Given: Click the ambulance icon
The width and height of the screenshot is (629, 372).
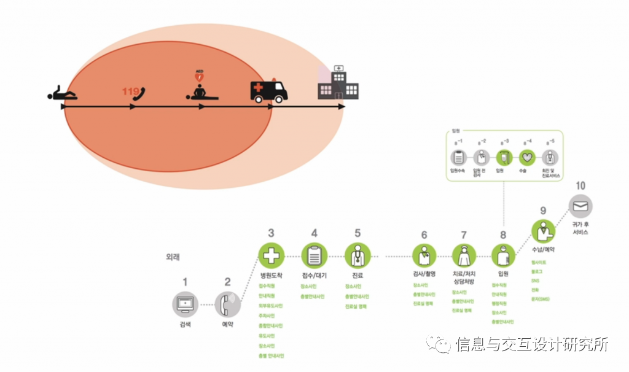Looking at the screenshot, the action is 269,91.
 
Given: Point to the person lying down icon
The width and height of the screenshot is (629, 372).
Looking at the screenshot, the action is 63,94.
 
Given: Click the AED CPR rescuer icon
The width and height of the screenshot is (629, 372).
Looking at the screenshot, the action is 200,90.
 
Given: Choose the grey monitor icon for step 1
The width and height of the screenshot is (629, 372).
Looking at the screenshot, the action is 185,303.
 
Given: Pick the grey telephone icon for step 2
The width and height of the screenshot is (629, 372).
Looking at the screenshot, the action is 227,303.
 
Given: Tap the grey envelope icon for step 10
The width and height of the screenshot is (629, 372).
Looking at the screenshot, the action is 580,207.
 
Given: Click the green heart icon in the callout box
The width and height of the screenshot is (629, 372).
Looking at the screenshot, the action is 526,157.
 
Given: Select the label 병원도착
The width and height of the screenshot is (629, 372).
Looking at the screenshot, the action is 271,274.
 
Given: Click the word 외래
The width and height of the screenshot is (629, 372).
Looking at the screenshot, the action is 174,257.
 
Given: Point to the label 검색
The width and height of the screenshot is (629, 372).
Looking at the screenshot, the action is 185,324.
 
